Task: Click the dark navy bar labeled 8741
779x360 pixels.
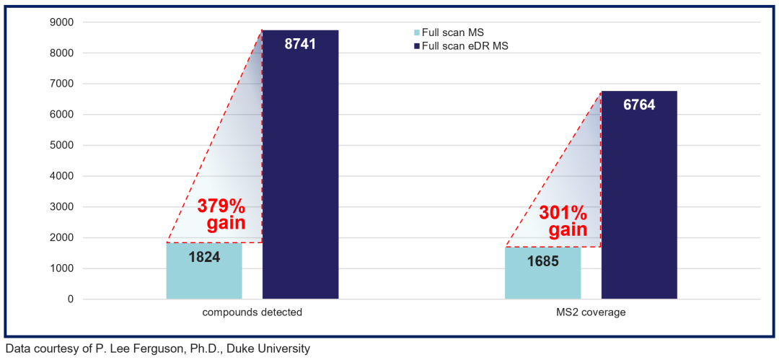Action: point(301,164)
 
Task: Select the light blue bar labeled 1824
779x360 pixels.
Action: point(204,271)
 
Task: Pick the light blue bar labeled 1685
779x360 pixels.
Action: point(543,273)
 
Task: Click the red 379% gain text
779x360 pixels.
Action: point(221,214)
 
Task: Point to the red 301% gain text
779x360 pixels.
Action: point(563,221)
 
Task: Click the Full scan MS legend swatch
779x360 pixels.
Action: point(418,32)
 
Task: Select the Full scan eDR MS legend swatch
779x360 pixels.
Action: point(418,45)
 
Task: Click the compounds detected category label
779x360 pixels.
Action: point(252,313)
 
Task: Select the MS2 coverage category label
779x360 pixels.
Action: point(591,313)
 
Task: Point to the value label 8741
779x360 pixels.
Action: point(301,43)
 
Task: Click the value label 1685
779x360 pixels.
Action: point(543,262)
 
